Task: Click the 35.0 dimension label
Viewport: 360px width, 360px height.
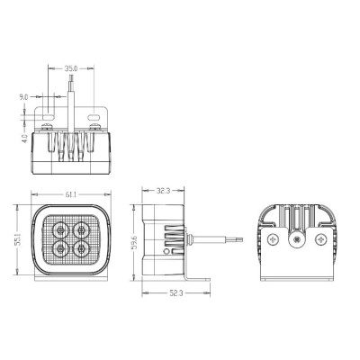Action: [x=71, y=68]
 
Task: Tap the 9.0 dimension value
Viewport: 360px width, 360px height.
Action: [x=23, y=97]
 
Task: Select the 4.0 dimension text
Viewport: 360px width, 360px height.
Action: [x=25, y=139]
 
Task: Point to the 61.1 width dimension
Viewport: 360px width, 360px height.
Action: [x=71, y=194]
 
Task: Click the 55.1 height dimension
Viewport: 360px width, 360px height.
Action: [x=18, y=239]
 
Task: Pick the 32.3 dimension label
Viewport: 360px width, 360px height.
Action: [x=164, y=191]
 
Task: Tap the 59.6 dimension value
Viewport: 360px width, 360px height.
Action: [x=135, y=242]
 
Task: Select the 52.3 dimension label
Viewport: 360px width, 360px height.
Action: [x=176, y=293]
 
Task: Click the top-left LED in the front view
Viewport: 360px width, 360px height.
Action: [x=61, y=230]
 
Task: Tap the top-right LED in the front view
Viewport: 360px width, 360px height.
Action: [x=81, y=230]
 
